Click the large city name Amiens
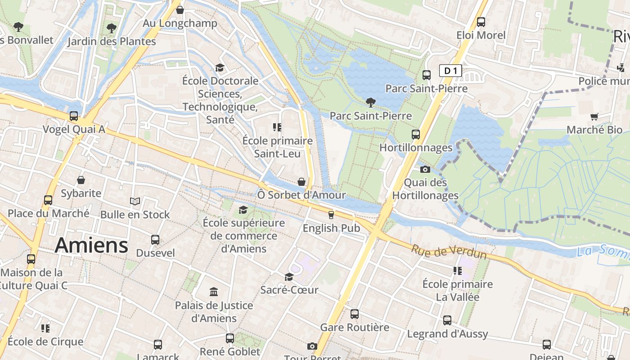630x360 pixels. [x=91, y=246]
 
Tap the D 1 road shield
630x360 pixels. [x=450, y=71]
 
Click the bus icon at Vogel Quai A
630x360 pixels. [x=74, y=116]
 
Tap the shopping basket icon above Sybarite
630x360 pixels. [x=81, y=180]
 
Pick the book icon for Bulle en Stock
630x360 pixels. [x=135, y=202]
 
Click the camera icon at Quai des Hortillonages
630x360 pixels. [x=425, y=170]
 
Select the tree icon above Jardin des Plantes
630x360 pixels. [x=111, y=28]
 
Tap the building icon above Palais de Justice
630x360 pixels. [x=214, y=292]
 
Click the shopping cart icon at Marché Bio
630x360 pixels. [x=594, y=117]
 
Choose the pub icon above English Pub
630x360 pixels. [x=331, y=215]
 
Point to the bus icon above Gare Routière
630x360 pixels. [x=355, y=314]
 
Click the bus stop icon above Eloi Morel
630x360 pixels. [x=481, y=22]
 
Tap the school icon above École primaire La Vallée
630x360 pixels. [x=457, y=271]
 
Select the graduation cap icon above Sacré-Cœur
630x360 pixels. [x=289, y=277]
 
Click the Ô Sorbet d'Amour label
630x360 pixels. [x=301, y=195]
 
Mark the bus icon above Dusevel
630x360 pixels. [x=155, y=239]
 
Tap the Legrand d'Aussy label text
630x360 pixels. [x=447, y=334]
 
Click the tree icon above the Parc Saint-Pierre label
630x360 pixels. [x=371, y=102]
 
